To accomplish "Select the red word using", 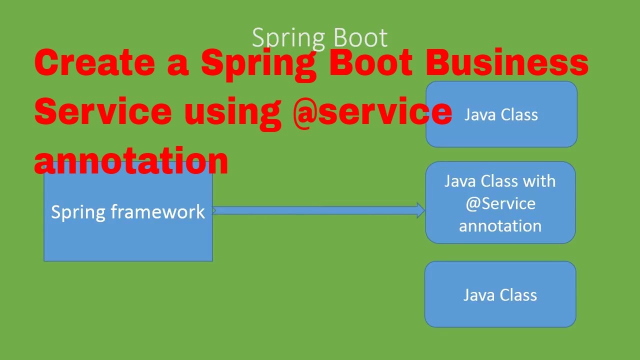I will (x=232, y=111).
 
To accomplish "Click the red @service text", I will (x=372, y=111).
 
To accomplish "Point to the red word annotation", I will (x=131, y=160).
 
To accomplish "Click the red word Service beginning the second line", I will (x=102, y=111).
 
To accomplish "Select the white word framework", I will (x=158, y=212).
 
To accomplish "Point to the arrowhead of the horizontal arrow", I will (x=420, y=210).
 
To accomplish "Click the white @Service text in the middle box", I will (x=500, y=203).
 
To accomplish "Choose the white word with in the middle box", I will (x=539, y=181).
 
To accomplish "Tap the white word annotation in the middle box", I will (x=500, y=226).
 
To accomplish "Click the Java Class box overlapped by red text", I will (x=501, y=115).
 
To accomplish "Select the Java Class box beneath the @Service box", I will (x=500, y=294).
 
